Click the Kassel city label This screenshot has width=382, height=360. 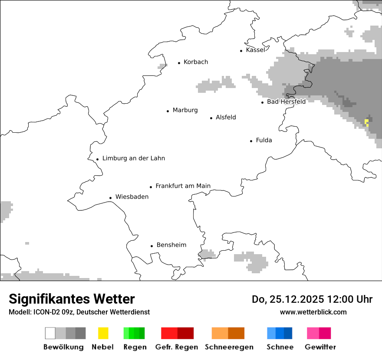click(x=255, y=50)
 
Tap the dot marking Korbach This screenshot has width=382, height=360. click(x=179, y=63)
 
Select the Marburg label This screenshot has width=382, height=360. click(x=185, y=110)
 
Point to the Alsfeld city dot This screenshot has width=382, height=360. click(x=211, y=118)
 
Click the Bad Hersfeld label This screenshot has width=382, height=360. click(x=286, y=101)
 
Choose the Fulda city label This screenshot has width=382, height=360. click(x=264, y=140)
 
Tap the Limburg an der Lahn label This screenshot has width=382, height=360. click(x=133, y=158)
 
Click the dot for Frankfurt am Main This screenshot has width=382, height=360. click(x=151, y=187)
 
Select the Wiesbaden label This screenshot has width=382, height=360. click(x=132, y=197)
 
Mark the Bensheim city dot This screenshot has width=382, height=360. click(x=151, y=246)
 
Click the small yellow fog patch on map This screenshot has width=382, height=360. click(x=367, y=122)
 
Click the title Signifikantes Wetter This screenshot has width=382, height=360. click(x=72, y=299)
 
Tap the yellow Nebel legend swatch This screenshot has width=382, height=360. click(x=103, y=333)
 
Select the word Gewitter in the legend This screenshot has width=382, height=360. click(x=320, y=347)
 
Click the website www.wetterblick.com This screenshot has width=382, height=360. click(x=313, y=312)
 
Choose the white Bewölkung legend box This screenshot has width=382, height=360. click(x=50, y=333)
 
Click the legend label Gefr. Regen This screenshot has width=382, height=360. click(x=177, y=347)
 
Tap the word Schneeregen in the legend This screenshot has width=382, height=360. click(x=229, y=347)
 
